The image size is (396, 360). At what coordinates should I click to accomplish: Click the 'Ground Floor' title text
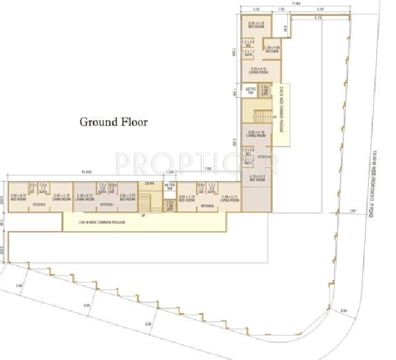(114, 122)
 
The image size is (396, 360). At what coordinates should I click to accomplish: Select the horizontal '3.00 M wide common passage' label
(102, 223)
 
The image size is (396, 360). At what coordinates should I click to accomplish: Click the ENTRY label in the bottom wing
(150, 183)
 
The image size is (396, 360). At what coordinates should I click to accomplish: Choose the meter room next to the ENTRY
(169, 187)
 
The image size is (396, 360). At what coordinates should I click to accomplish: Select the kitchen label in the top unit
(271, 50)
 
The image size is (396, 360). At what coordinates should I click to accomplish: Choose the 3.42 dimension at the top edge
(255, 9)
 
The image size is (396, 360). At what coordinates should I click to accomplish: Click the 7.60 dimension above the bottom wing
(208, 169)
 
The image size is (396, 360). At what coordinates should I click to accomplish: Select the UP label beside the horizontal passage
(143, 215)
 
